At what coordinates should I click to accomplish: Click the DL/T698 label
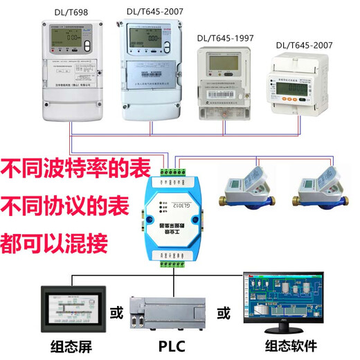pos(72,11)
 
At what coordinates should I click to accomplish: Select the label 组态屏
pos(71,346)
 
